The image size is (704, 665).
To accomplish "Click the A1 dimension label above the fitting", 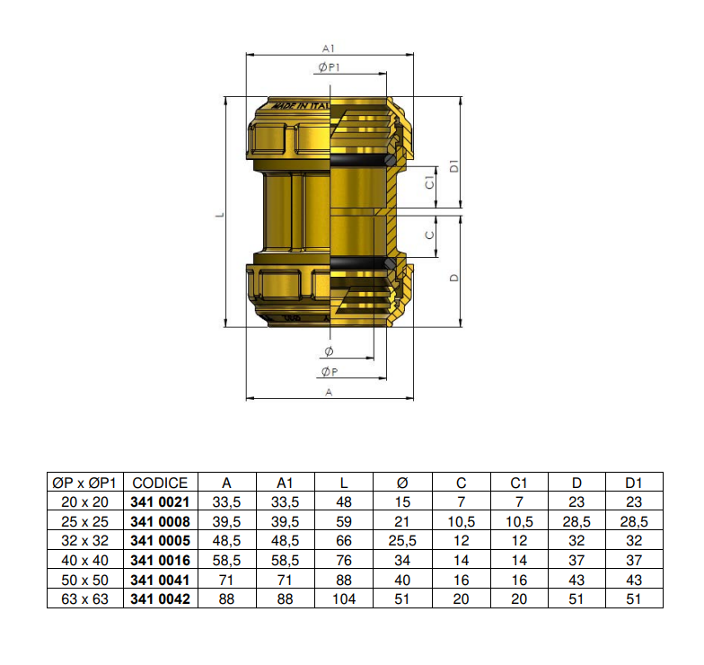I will (329, 49).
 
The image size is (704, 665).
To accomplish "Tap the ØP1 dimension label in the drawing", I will (329, 69).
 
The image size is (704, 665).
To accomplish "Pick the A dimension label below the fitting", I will (329, 393).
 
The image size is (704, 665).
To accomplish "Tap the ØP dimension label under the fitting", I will (329, 372).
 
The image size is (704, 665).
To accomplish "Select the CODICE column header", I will (161, 483).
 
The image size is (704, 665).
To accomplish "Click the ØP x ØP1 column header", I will (86, 483).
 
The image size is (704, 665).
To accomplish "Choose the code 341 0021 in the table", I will (161, 501).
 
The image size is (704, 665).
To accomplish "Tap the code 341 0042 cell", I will (161, 598).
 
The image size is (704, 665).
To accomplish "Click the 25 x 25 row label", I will (86, 521).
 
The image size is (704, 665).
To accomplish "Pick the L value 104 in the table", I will (344, 598).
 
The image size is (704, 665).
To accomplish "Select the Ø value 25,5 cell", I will (402, 541).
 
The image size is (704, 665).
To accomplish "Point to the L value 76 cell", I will (344, 560).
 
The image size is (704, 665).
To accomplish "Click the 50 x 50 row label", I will (86, 580).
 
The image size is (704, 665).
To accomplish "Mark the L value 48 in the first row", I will (344, 501).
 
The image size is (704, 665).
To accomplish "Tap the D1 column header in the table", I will (634, 483).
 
